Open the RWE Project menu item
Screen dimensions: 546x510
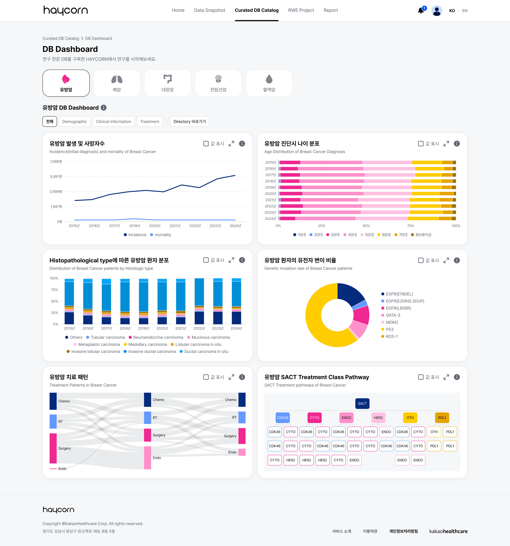tap(301, 10)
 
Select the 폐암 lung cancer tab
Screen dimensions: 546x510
tap(117, 83)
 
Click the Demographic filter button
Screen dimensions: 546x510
tap(75, 121)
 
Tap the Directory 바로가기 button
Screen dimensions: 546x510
tap(189, 121)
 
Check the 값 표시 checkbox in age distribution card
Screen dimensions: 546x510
tap(420, 144)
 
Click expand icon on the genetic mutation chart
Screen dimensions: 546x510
tap(446, 260)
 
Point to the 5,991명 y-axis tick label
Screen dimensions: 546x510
tap(56, 177)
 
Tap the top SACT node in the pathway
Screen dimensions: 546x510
tap(362, 403)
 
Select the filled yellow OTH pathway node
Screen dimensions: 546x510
tap(410, 418)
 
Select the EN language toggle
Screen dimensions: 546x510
tap(465, 11)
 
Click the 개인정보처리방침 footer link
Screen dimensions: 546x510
tap(403, 531)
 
